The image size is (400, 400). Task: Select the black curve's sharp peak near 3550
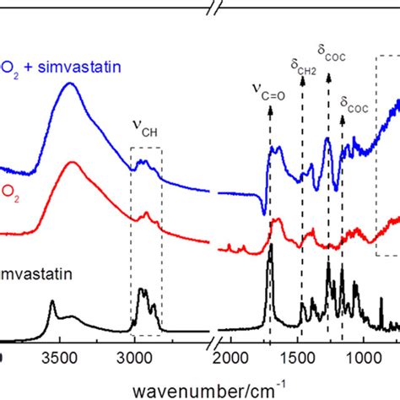(x=52, y=302)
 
